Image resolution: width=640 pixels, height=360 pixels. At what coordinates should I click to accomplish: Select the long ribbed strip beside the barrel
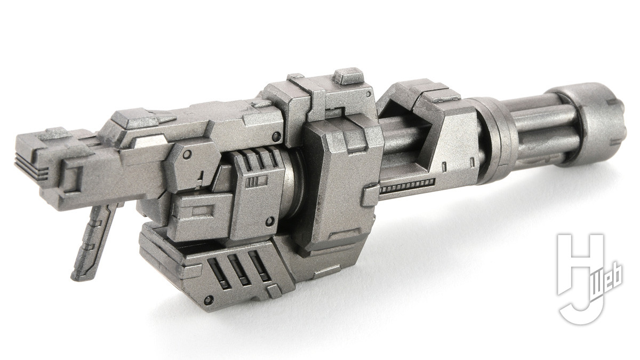point(407,186)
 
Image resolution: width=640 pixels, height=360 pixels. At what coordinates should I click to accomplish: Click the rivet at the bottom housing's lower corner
point(208,300)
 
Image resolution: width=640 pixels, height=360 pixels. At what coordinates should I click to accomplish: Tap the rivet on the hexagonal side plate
point(187,155)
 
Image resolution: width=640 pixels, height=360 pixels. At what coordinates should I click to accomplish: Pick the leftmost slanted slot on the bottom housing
point(218,273)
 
